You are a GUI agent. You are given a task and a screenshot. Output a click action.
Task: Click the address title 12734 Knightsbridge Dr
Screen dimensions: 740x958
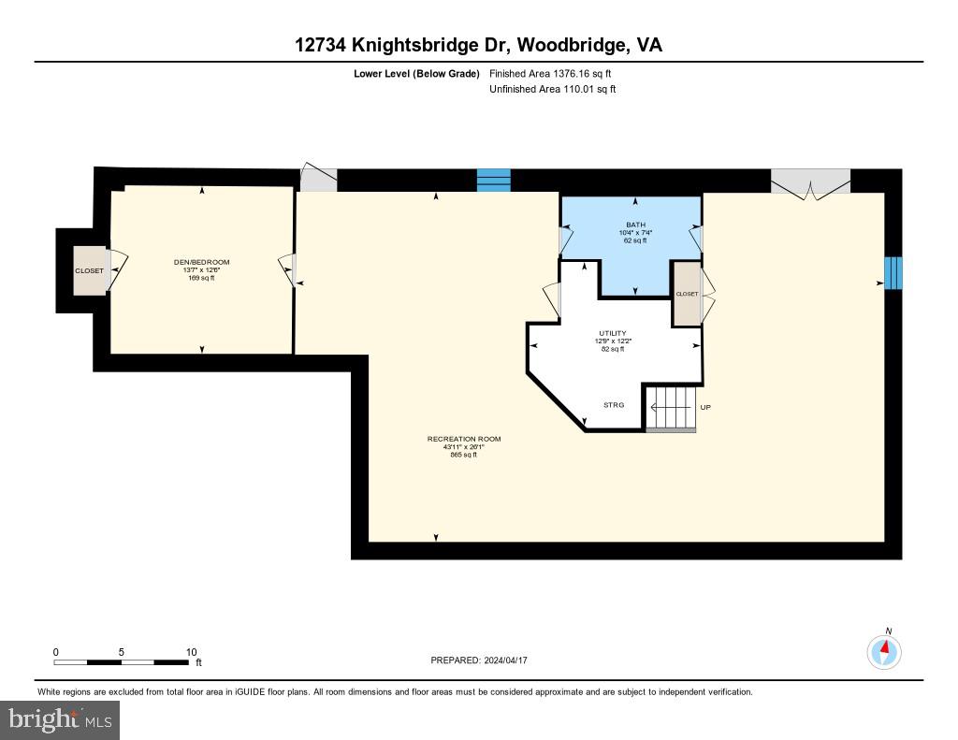pyautogui.click(x=478, y=45)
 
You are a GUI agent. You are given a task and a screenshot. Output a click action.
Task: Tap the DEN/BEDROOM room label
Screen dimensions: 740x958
pyautogui.click(x=203, y=263)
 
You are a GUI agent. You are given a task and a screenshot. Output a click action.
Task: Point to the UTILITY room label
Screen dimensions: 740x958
pyautogui.click(x=613, y=333)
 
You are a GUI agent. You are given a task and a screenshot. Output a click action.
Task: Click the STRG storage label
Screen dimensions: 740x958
pyautogui.click(x=613, y=405)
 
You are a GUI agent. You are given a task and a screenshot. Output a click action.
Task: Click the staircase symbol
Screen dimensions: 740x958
pyautogui.click(x=671, y=408)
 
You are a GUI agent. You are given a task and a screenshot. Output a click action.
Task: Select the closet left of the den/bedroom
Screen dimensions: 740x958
pyautogui.click(x=91, y=270)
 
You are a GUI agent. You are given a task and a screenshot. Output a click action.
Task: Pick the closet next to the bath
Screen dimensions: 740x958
pyautogui.click(x=687, y=294)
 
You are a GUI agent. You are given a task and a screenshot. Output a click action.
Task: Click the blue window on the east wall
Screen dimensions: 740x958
pyautogui.click(x=893, y=271)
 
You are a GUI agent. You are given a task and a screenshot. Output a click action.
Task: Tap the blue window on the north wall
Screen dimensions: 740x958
pyautogui.click(x=494, y=180)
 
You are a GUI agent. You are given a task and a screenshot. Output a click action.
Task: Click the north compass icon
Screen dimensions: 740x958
pyautogui.click(x=884, y=650)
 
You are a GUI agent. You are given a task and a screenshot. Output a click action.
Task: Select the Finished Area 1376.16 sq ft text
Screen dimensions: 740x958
pyautogui.click(x=551, y=73)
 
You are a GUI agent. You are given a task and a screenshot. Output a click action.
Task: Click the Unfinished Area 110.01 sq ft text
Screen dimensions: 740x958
pyautogui.click(x=553, y=90)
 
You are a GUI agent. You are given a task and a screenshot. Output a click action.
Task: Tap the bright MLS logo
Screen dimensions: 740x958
pyautogui.click(x=60, y=719)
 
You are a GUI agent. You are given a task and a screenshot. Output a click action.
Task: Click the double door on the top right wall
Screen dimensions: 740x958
pyautogui.click(x=810, y=182)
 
